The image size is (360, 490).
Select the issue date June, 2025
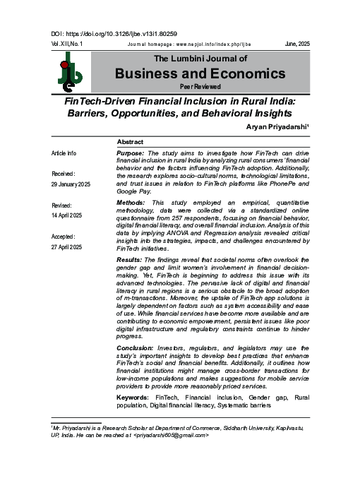pos(297,44)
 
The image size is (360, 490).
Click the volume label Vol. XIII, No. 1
pos(67,44)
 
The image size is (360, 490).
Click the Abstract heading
pos(131,142)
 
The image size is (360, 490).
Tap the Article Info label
pos(64,153)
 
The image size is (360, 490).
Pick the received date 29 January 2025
pos(71,184)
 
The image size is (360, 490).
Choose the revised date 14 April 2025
pos(67,215)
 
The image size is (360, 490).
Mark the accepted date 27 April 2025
pos(67,246)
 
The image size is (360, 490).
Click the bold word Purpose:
pos(131,153)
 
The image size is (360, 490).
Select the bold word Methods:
pos(131,203)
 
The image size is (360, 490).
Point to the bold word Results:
pos(130,260)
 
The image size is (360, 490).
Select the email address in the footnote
pos(171,435)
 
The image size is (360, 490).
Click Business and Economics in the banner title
pos(200,73)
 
